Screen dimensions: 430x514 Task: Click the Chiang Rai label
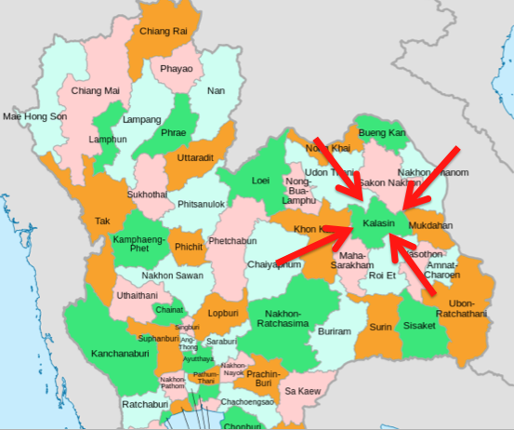click(x=163, y=31)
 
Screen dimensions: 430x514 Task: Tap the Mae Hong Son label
click(x=34, y=116)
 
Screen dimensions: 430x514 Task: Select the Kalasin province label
click(x=378, y=224)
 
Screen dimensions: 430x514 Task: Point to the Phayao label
click(x=177, y=68)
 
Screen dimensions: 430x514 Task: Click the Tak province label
click(x=102, y=222)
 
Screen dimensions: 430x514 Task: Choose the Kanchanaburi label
click(x=121, y=354)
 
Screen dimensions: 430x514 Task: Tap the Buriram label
click(x=335, y=331)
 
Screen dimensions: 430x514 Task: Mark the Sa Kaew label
click(x=302, y=391)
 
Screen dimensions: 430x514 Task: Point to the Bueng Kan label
click(x=383, y=133)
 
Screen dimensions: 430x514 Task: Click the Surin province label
click(x=380, y=328)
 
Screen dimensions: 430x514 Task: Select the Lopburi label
click(x=223, y=314)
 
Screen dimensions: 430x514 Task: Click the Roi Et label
click(x=382, y=275)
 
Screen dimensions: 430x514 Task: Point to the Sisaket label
click(x=422, y=327)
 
